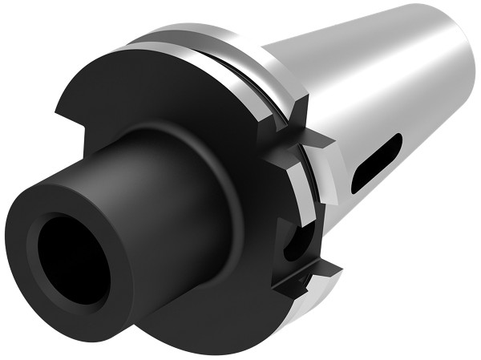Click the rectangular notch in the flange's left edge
(68, 120)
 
